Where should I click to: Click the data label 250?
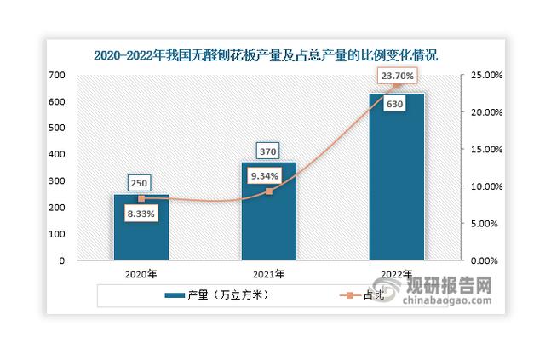[x=141, y=183]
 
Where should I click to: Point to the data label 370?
[x=268, y=151]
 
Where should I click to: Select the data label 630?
[x=395, y=105]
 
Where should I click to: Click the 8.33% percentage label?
[x=141, y=214]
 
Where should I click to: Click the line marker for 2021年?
[x=268, y=191]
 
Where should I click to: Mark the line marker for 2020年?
[x=141, y=198]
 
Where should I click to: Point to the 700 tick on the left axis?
[x=57, y=76]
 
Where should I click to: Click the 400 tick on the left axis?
[x=57, y=155]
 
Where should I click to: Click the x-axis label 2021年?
[x=268, y=274]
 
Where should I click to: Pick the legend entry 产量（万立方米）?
[x=221, y=295]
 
